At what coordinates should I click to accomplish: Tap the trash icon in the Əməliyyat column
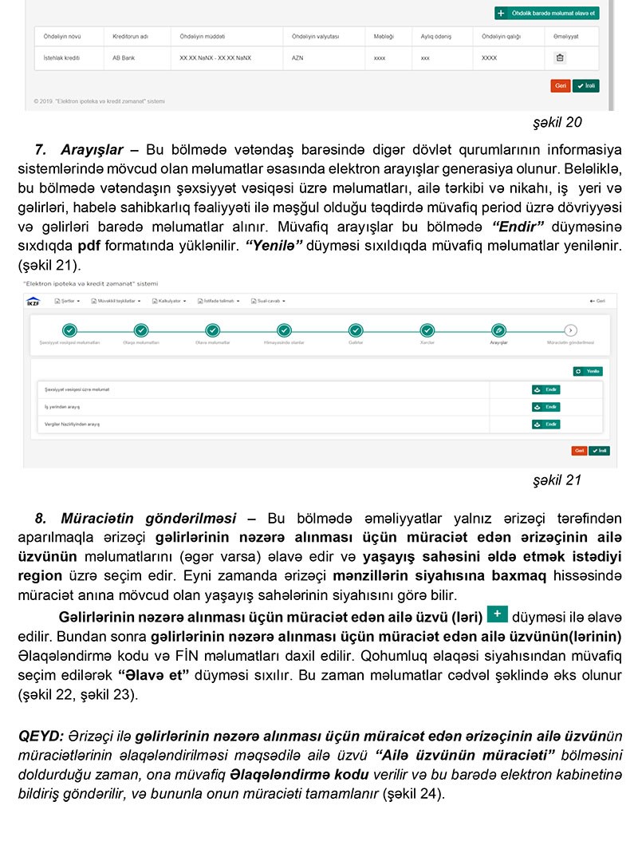pyautogui.click(x=559, y=57)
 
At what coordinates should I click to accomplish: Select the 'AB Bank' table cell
pyautogui.click(x=124, y=57)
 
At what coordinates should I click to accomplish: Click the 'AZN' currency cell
pyautogui.click(x=297, y=57)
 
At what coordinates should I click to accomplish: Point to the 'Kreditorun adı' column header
pyautogui.click(x=129, y=37)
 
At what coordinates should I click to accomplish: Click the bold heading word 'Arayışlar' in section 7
pyautogui.click(x=92, y=150)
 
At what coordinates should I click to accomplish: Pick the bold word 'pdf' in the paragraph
pyautogui.click(x=89, y=243)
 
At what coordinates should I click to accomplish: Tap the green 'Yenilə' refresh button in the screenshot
pyautogui.click(x=588, y=371)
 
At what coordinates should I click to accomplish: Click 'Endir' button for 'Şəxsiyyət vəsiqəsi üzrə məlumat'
pyautogui.click(x=546, y=389)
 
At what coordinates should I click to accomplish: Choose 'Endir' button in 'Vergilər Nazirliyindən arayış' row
pyautogui.click(x=546, y=424)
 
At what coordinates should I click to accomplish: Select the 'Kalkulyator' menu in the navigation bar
pyautogui.click(x=172, y=301)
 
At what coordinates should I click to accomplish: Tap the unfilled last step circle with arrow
pyautogui.click(x=570, y=330)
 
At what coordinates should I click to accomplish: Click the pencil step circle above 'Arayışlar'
pyautogui.click(x=498, y=330)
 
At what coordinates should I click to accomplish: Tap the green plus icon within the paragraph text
pyautogui.click(x=497, y=614)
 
